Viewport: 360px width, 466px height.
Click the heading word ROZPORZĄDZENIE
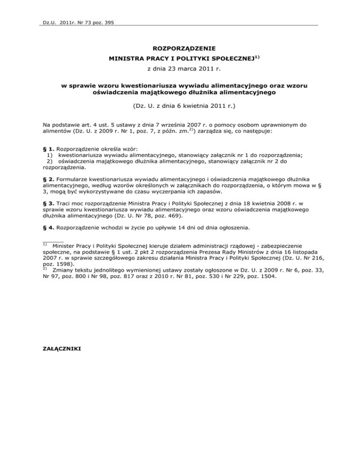pos(180,48)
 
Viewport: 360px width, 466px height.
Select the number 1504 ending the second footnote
pos(267,277)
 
